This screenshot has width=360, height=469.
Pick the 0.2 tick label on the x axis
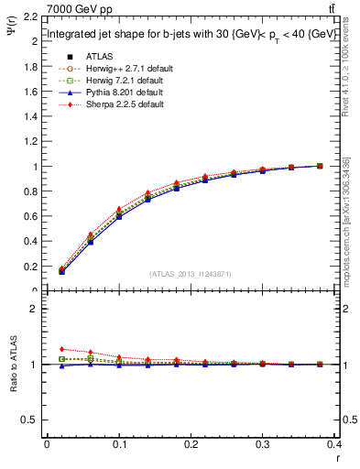(191, 445)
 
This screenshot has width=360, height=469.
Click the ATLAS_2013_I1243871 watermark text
(191, 275)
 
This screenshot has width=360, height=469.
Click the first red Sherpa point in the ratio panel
(61, 349)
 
